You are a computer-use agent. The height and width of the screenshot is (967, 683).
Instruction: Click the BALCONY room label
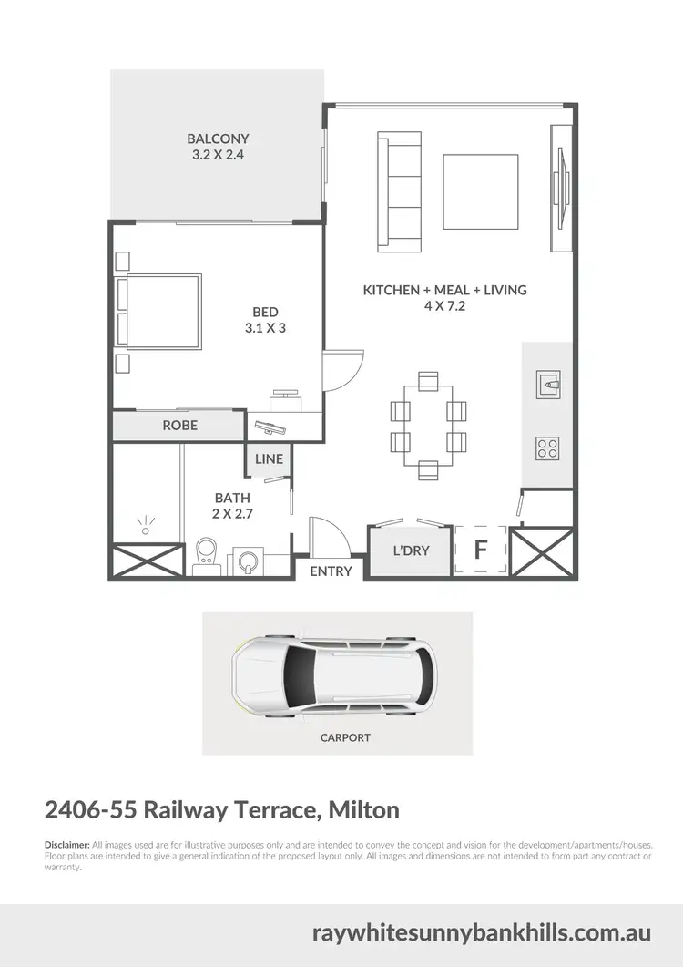pos(218,139)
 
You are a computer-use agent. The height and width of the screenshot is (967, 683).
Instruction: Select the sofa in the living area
pos(400,191)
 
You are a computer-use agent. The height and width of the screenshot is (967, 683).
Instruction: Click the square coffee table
pos(481,191)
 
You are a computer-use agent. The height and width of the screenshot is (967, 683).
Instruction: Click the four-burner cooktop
pos(547,447)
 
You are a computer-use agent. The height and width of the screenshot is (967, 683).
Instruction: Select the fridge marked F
pos(480,550)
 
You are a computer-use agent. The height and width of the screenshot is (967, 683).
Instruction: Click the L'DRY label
pos(411,550)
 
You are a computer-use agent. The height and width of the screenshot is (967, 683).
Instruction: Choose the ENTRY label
pos(331,571)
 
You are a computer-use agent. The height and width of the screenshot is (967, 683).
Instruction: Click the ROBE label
pos(179,426)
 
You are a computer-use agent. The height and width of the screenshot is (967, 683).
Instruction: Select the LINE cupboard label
pos(269,459)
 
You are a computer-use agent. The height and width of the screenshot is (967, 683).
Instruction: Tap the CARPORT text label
pos(345,737)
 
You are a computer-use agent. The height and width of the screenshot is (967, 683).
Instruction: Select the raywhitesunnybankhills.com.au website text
pos(481,933)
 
